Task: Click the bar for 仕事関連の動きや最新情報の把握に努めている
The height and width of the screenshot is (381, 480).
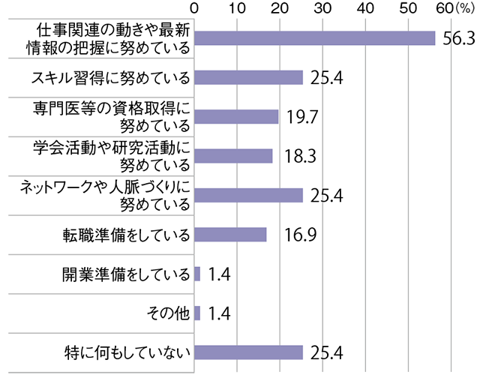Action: click(x=315, y=38)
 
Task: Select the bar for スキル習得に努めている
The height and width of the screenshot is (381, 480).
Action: click(x=248, y=77)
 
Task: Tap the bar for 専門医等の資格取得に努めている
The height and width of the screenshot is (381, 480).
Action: click(x=236, y=116)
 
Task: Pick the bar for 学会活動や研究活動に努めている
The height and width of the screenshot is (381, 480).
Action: click(x=233, y=155)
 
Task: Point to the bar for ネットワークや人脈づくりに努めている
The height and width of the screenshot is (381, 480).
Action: click(x=248, y=195)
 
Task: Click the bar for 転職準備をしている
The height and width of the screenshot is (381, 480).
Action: click(x=230, y=235)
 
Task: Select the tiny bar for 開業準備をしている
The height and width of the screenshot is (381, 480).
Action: click(x=197, y=274)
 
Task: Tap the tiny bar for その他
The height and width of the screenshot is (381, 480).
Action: click(x=197, y=313)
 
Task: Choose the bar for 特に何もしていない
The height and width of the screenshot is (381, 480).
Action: click(x=248, y=352)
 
